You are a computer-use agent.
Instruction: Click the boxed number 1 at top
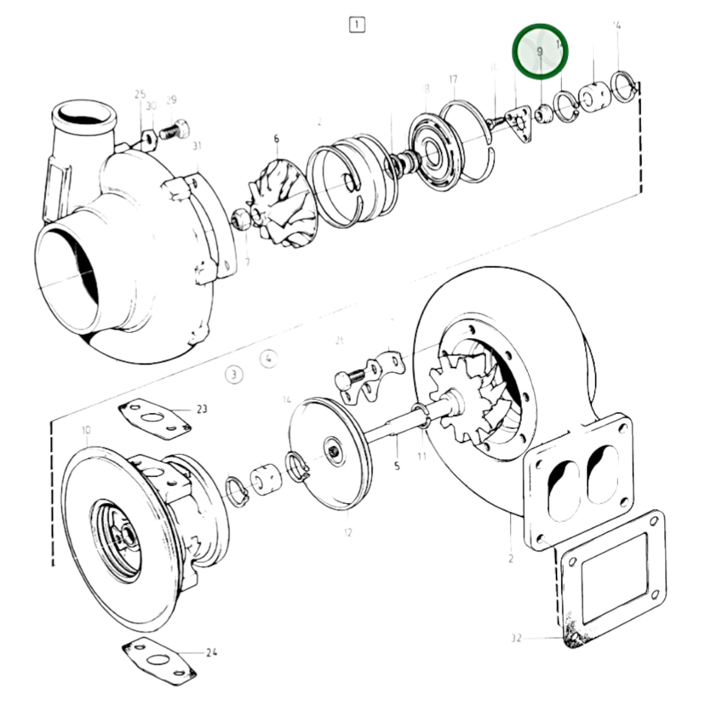[357, 24]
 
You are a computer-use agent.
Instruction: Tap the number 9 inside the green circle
[539, 51]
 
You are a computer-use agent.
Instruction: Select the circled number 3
[234, 375]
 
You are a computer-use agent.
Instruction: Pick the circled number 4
[268, 359]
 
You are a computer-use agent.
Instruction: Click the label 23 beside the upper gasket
[201, 409]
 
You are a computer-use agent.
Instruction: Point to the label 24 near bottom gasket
[211, 652]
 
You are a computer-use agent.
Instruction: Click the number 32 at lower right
[516, 637]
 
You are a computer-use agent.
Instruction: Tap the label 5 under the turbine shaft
[397, 466]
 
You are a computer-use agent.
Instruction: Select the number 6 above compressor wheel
[276, 139]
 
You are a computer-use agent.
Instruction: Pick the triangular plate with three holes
[519, 124]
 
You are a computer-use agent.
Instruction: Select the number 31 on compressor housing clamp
[197, 145]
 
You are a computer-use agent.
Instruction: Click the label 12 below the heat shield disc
[347, 532]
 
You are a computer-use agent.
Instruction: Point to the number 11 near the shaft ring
[421, 456]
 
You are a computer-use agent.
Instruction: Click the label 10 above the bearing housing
[86, 430]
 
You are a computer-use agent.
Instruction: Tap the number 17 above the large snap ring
[453, 79]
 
